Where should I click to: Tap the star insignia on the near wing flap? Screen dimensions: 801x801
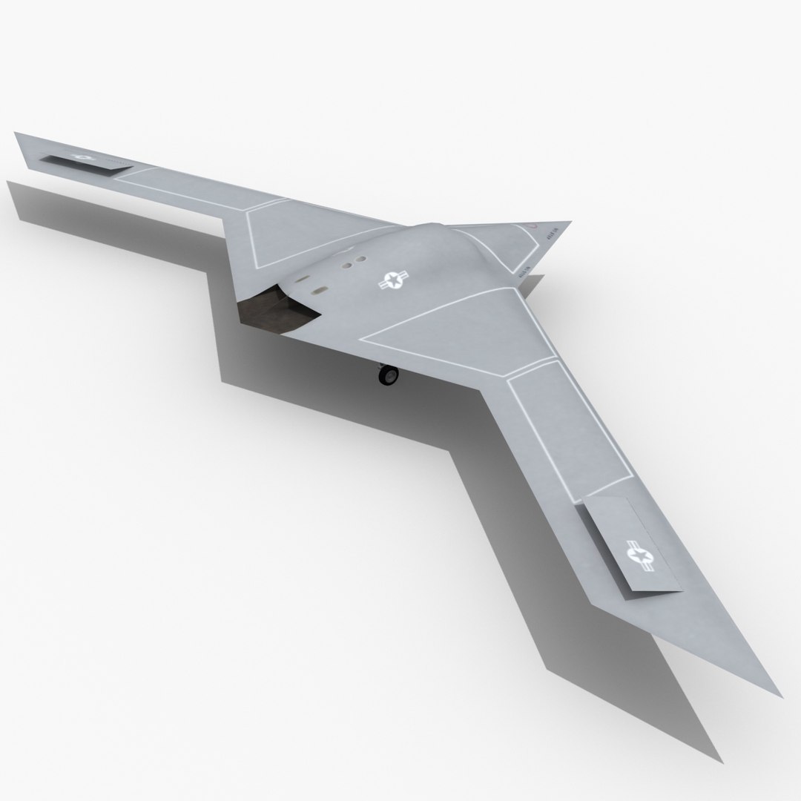tap(637, 555)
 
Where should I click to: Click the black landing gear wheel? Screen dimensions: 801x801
tap(387, 376)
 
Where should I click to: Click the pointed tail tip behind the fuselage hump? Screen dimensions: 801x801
tap(570, 222)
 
